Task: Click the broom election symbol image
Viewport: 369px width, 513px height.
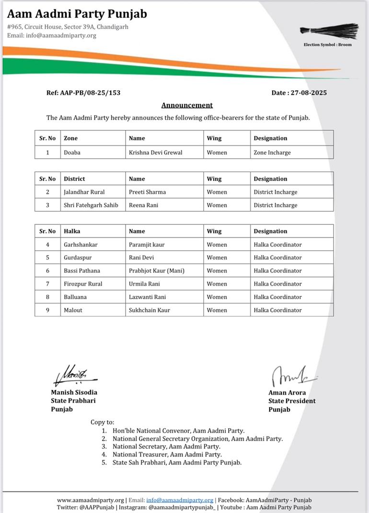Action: [x=329, y=30]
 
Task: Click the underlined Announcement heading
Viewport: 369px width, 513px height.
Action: [x=187, y=105]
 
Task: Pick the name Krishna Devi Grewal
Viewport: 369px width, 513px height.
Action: [x=155, y=152]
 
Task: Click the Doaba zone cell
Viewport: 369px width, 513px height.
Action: [x=72, y=152]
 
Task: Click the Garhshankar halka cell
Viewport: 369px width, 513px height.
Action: [x=81, y=245]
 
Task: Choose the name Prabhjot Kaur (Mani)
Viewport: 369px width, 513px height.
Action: [x=156, y=271]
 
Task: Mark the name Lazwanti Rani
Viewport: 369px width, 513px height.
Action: [x=148, y=297]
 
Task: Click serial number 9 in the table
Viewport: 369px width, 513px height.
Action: [x=47, y=310]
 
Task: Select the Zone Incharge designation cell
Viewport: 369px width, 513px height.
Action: [x=272, y=152]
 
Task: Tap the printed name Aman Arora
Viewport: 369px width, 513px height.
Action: [x=287, y=393]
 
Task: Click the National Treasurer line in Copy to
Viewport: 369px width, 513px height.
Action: [x=167, y=455]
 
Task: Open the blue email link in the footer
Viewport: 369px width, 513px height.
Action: [x=180, y=500]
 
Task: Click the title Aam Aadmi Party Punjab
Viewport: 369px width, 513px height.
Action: [x=77, y=13]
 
